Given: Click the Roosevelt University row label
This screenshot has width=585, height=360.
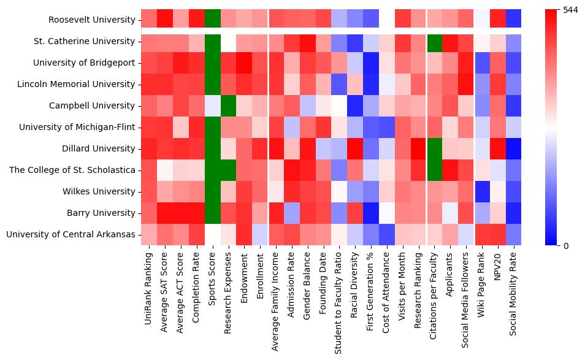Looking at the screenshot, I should [x=93, y=20].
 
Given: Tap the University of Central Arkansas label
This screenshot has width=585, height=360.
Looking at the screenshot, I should [x=77, y=234].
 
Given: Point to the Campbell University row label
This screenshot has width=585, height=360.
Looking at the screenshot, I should [x=101, y=105].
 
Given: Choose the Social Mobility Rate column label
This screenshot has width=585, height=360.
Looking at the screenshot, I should [x=514, y=297].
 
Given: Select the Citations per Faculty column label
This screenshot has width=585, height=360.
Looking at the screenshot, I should [x=434, y=298].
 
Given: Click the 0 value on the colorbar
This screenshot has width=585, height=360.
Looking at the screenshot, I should [x=565, y=246].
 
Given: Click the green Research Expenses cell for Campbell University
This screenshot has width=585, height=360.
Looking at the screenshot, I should [x=228, y=105].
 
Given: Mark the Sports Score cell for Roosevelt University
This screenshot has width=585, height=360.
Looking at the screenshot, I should [x=212, y=20].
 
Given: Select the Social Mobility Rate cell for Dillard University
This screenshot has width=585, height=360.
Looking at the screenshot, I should [x=514, y=148].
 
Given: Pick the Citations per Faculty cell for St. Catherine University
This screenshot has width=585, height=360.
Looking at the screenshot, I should [x=434, y=41].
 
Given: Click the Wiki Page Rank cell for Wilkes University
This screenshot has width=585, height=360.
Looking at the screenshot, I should [x=482, y=191].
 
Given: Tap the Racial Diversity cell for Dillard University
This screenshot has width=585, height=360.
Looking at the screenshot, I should [x=355, y=148].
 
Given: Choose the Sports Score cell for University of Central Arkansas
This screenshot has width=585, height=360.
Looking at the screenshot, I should [x=212, y=234].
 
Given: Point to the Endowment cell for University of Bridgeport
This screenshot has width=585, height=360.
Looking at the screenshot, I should [x=244, y=63].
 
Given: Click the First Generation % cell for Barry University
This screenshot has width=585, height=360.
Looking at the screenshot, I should [x=371, y=213].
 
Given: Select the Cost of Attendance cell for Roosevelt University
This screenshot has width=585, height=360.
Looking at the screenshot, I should [x=387, y=20].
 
